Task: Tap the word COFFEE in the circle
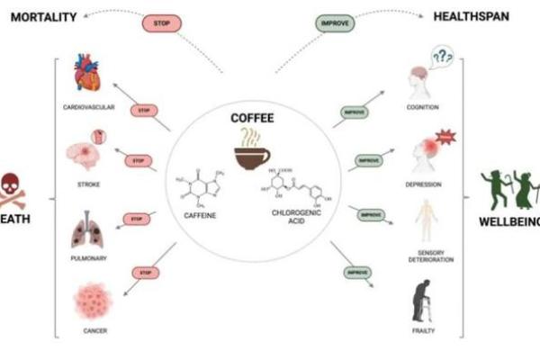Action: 253,118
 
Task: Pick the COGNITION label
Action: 422,107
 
